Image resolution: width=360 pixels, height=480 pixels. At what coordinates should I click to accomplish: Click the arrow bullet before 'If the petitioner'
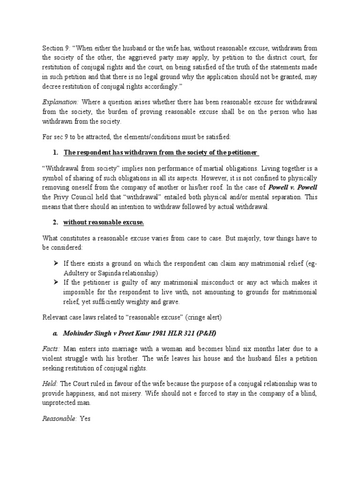pyautogui.click(x=56, y=282)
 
